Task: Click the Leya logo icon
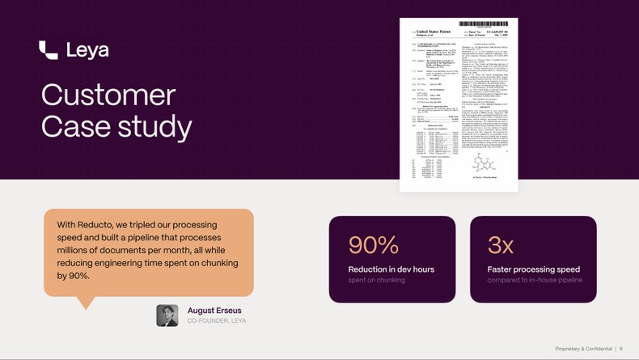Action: point(48,50)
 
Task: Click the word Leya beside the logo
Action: point(87,50)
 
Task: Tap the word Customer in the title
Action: point(108,95)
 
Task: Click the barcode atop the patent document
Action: point(483,24)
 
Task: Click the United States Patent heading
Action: point(433,32)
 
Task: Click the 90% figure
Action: point(374,244)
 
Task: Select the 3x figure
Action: point(501,244)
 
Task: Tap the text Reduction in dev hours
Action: point(391,269)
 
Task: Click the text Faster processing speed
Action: point(533,269)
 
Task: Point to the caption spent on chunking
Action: point(377,280)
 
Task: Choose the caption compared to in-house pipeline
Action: point(535,280)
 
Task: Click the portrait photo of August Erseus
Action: point(167,315)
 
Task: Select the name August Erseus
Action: point(214,310)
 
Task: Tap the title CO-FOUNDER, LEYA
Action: point(217,321)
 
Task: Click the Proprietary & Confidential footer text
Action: point(583,349)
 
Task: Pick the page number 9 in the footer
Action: point(621,349)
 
